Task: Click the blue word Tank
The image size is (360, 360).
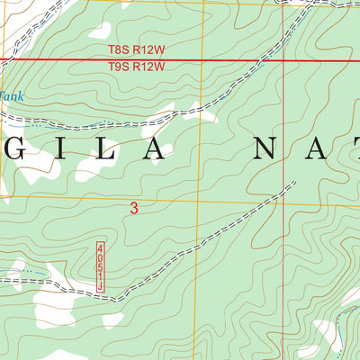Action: [11, 95]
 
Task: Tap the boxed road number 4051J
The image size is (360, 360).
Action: [101, 265]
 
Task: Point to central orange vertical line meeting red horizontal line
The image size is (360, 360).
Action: [203, 60]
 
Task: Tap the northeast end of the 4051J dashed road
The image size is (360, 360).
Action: [294, 183]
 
